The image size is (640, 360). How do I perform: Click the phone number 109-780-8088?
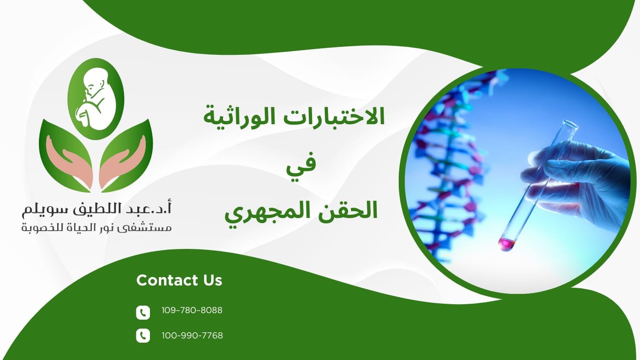click(x=192, y=310)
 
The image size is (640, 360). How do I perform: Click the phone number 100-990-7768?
click(x=192, y=336)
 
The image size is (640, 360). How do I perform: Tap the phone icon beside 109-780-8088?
click(x=143, y=312)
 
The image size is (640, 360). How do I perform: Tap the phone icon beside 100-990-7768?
click(x=143, y=336)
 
